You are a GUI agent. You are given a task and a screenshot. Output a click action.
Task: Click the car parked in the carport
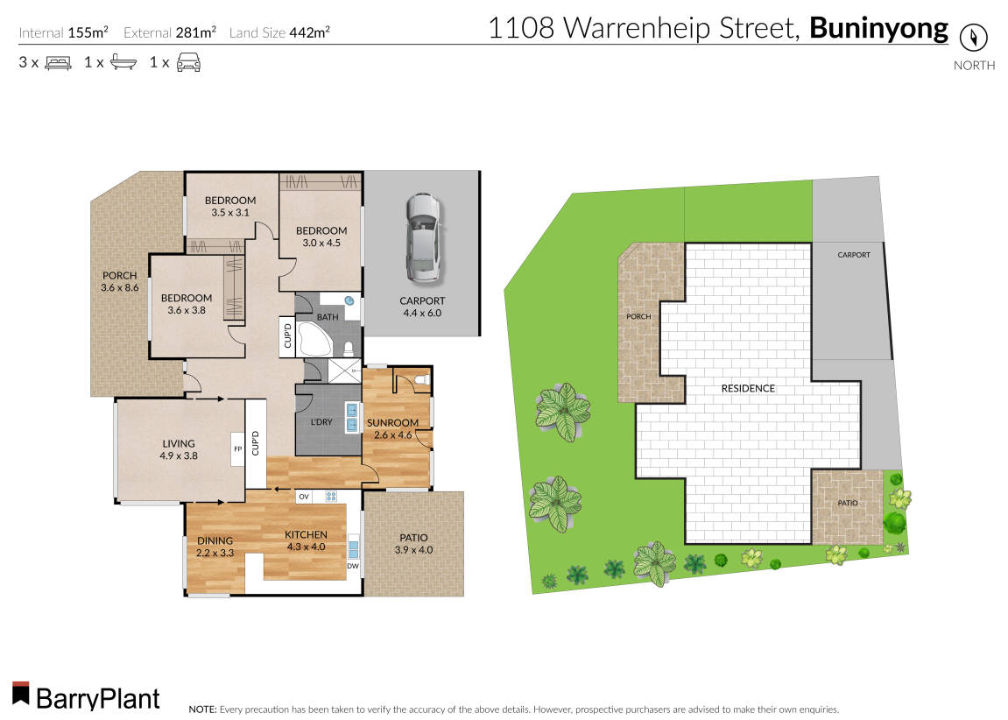pyautogui.click(x=421, y=237)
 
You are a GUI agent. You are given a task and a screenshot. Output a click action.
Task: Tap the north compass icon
pyautogui.click(x=973, y=38)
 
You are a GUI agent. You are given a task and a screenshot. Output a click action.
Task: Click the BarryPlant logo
pyautogui.click(x=86, y=697)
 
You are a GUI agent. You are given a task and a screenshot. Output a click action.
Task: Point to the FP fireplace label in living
pyautogui.click(x=236, y=449)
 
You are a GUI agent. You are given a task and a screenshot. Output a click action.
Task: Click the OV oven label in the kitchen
pyautogui.click(x=304, y=497)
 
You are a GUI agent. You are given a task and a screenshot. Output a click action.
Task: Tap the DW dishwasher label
pyautogui.click(x=354, y=566)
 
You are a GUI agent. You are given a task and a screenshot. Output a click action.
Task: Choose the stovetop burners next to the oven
pyautogui.click(x=331, y=497)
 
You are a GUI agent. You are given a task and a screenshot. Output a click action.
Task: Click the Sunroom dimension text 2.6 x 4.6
pyautogui.click(x=392, y=434)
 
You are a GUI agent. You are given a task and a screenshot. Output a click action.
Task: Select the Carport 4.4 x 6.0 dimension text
pyautogui.click(x=422, y=313)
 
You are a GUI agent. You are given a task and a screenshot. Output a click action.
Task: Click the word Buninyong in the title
pyautogui.click(x=878, y=28)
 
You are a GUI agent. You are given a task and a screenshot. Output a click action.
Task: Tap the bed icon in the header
pyautogui.click(x=58, y=62)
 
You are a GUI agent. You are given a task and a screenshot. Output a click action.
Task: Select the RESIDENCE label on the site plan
pyautogui.click(x=747, y=388)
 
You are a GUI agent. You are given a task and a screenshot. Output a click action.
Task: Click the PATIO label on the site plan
pyautogui.click(x=847, y=504)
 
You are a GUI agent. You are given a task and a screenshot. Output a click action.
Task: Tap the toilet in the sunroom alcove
pyautogui.click(x=421, y=380)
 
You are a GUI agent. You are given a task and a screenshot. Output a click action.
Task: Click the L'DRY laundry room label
pyautogui.click(x=321, y=422)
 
